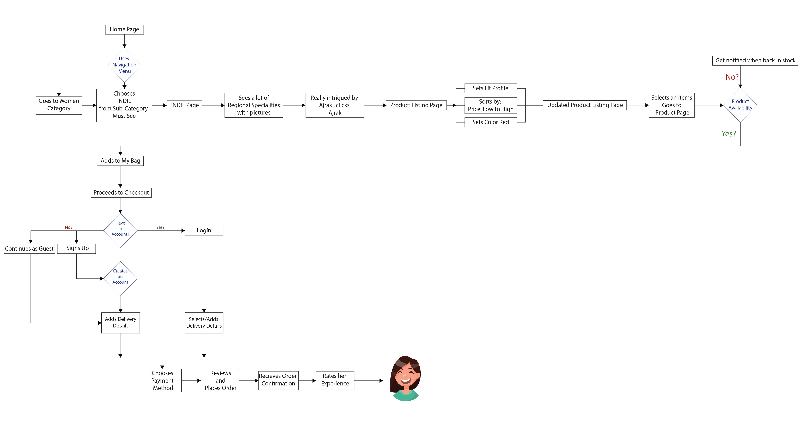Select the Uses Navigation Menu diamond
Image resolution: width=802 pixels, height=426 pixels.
[x=124, y=65]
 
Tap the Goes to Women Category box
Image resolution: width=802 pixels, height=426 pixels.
[x=59, y=105]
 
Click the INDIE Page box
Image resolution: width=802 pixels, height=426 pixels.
[x=185, y=105]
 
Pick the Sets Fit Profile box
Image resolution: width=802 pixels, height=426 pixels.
[x=490, y=88]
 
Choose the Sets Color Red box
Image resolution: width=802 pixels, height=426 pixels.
[x=490, y=122]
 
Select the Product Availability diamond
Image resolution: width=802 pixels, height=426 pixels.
[x=740, y=105]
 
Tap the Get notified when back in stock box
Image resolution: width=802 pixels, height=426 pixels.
[x=755, y=60]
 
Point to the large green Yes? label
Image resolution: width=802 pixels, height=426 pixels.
[x=729, y=134]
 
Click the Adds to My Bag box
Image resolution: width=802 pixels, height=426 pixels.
[x=120, y=161]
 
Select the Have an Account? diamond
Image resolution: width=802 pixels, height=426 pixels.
[x=120, y=230]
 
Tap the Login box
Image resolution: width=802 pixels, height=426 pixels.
[x=204, y=230]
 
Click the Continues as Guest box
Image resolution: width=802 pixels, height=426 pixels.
[x=29, y=249]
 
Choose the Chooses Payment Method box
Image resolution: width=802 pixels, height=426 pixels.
[x=162, y=380]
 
